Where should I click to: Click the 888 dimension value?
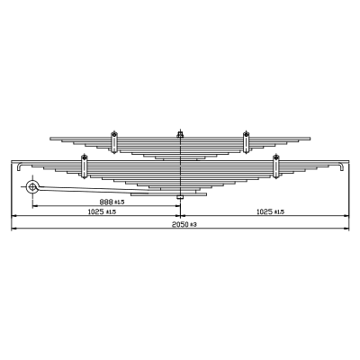[x=106, y=202]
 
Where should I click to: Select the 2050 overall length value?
[x=180, y=224]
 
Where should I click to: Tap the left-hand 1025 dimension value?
[x=95, y=211]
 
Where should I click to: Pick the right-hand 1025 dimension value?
[x=265, y=211]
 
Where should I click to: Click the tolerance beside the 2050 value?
[x=193, y=224]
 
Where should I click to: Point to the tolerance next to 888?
[x=119, y=202]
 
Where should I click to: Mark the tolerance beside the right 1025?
[x=279, y=212]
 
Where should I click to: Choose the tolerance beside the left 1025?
[x=111, y=212]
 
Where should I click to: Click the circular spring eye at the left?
[x=31, y=187]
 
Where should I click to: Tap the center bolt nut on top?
[x=180, y=134]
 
